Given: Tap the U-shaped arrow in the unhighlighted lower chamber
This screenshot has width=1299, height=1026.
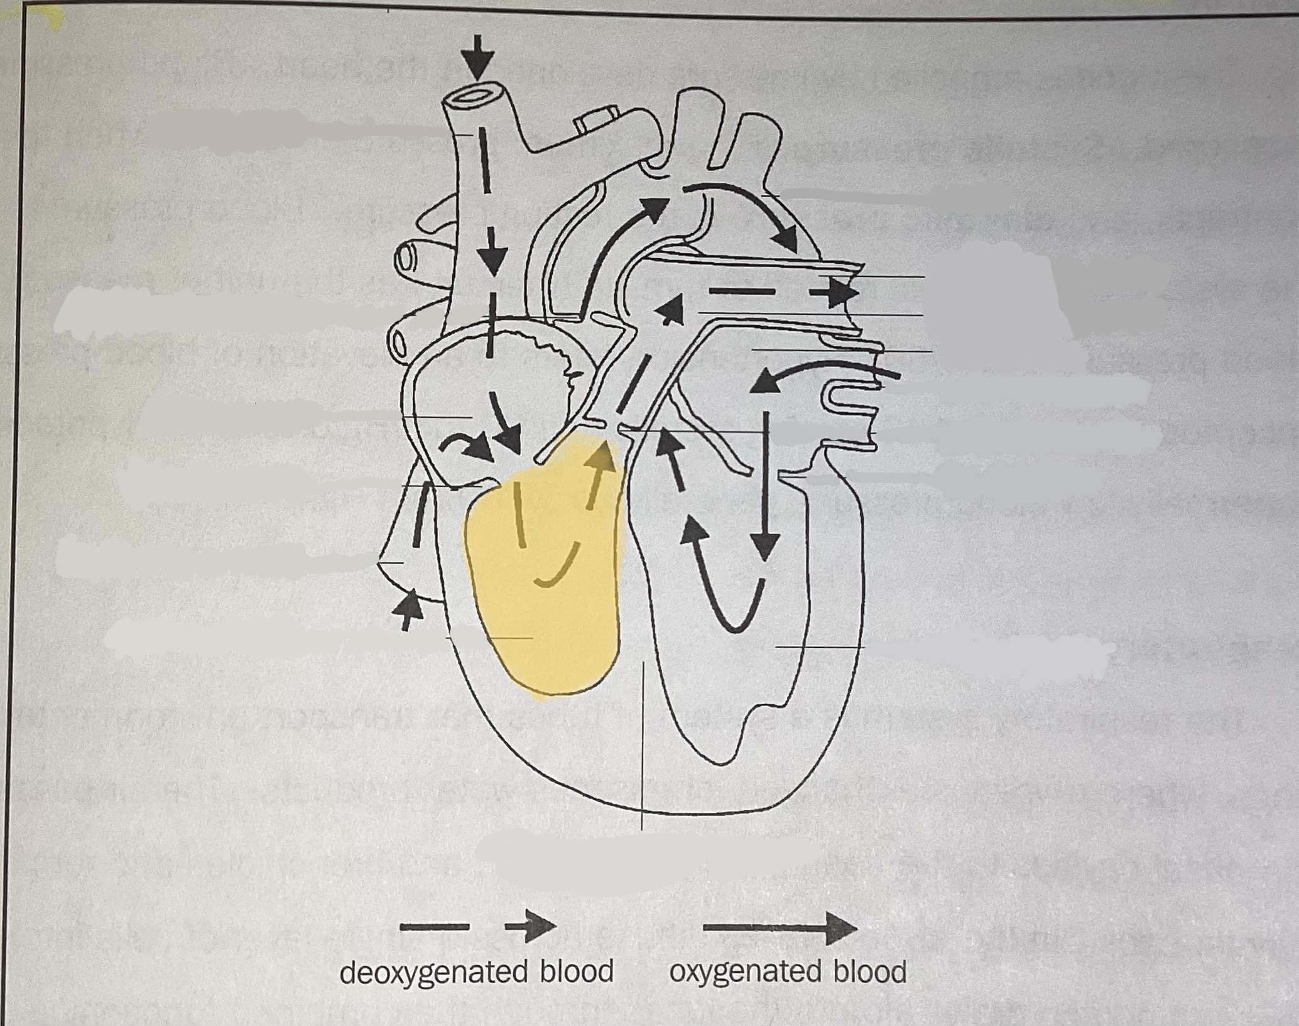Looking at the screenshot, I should click(x=722, y=578).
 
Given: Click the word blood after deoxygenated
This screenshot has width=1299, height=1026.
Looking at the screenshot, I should click(x=576, y=971).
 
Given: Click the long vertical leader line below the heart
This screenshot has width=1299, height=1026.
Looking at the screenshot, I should click(x=642, y=741).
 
